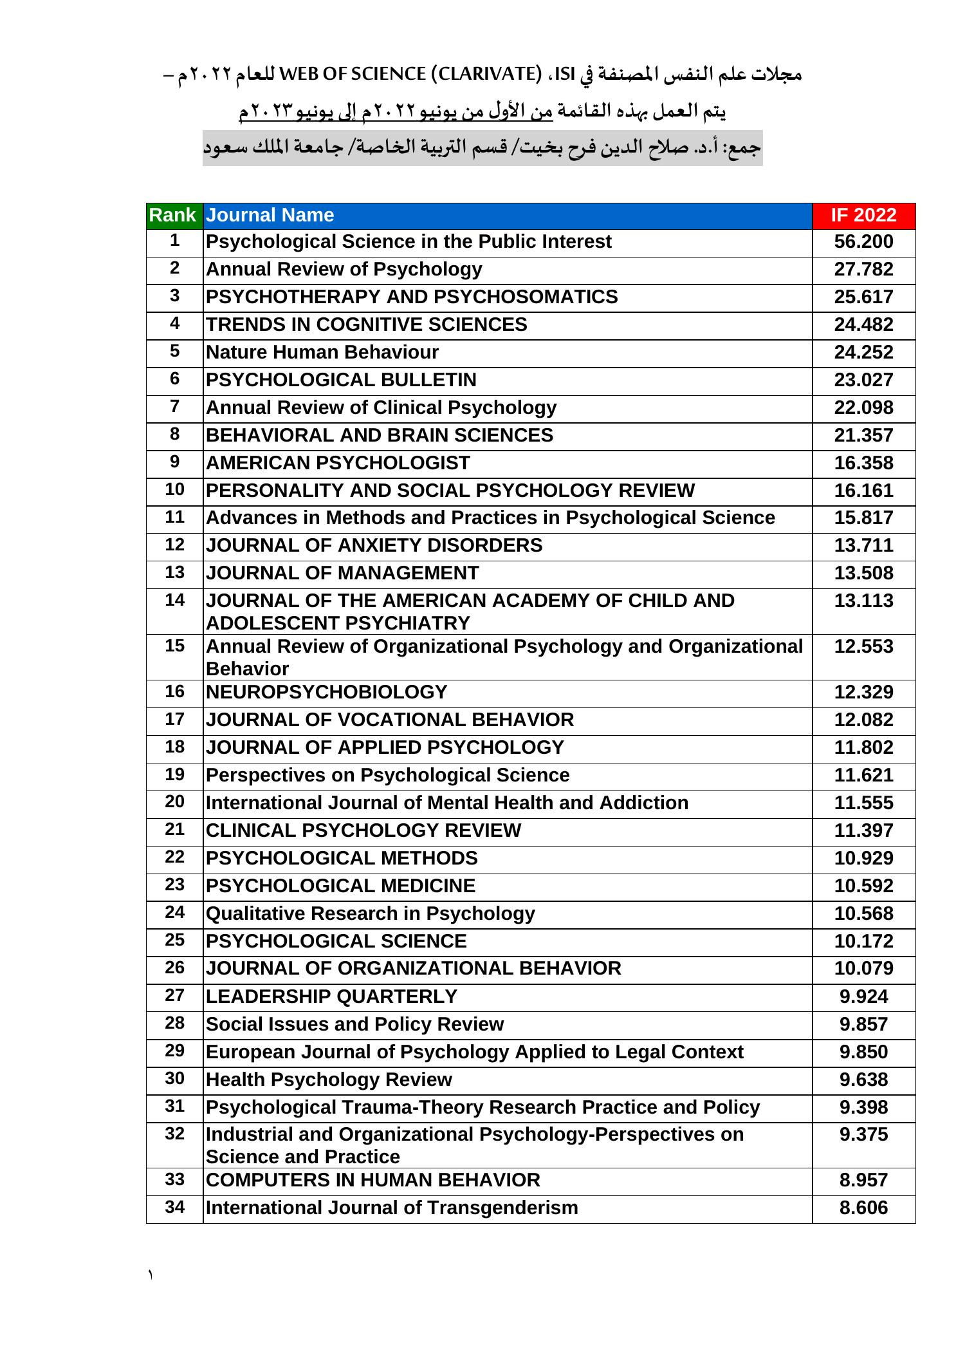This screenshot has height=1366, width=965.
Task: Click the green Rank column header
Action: (x=172, y=215)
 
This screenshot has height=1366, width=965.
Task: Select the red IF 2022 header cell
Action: (x=863, y=215)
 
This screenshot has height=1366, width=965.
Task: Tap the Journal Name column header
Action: (x=270, y=215)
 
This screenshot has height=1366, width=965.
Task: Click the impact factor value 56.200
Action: (x=863, y=242)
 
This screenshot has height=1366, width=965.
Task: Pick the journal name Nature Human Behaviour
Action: (x=322, y=353)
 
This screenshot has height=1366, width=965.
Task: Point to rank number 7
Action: (x=174, y=407)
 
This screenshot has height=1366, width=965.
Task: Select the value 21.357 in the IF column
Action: (x=863, y=436)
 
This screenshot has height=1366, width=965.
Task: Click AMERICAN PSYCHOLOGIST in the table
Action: (x=338, y=463)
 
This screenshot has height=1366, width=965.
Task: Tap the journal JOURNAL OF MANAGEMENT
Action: (x=342, y=574)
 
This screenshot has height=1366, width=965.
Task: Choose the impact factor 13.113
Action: (x=863, y=601)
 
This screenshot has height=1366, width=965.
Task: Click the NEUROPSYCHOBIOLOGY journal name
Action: (x=326, y=693)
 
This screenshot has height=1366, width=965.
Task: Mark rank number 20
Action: (x=174, y=802)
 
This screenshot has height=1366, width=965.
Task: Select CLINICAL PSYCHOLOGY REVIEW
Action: (x=363, y=831)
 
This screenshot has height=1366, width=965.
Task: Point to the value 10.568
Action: (x=863, y=914)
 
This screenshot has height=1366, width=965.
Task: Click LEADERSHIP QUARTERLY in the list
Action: (x=331, y=997)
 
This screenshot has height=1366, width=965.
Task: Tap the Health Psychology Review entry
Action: (x=329, y=1080)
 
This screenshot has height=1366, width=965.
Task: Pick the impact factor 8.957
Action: (x=863, y=1181)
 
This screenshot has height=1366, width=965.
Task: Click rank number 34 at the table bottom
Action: (x=174, y=1208)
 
